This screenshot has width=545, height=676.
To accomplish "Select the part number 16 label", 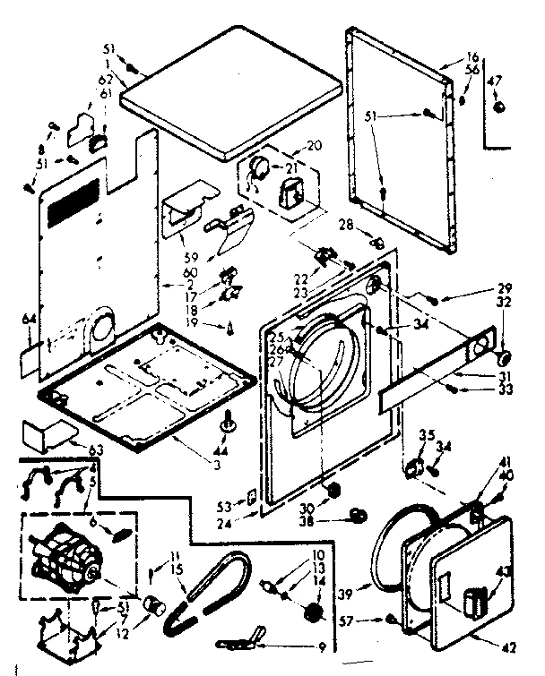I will pos(471,57).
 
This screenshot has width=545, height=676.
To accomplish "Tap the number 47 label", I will pos(495,81).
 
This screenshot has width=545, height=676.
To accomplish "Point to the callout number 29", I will pos(504,289).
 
